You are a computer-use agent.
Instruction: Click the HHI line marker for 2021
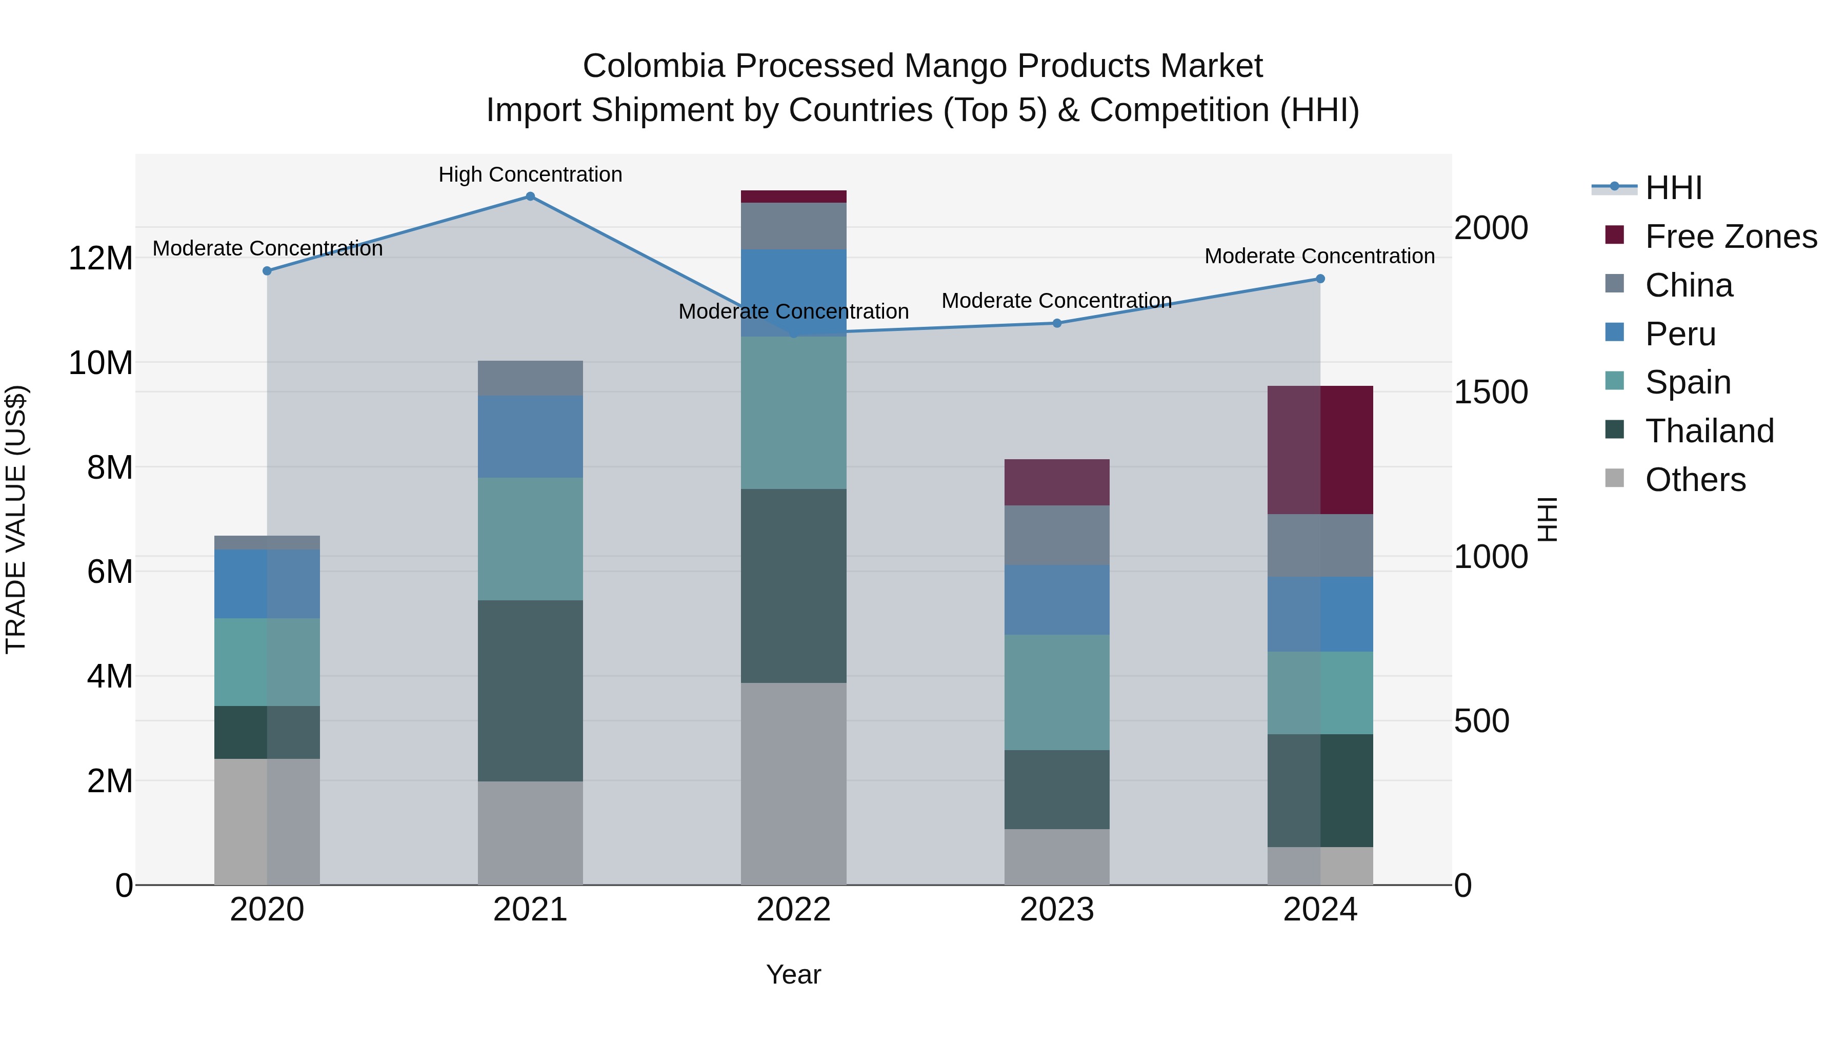pos(530,197)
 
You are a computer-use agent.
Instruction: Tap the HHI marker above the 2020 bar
pos(267,271)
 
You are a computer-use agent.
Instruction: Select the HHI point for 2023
pos(1057,323)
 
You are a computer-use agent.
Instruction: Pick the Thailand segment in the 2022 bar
pos(793,586)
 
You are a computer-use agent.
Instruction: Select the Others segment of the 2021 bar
pos(530,833)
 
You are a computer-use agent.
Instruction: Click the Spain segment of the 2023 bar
pos(1057,692)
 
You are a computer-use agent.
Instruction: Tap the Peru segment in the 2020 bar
pos(267,584)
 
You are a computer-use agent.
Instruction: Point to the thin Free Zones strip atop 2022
pos(793,197)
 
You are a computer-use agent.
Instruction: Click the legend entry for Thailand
pos(1709,431)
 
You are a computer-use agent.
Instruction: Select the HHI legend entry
pos(1673,188)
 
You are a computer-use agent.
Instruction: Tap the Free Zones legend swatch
pos(1615,235)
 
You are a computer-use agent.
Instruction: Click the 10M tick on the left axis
pos(101,363)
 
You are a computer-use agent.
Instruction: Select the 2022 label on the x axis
pos(793,910)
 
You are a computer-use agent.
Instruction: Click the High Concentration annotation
pos(530,174)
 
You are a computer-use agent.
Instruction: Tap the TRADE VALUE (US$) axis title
pos(16,519)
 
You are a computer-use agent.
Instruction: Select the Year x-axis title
pos(793,974)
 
